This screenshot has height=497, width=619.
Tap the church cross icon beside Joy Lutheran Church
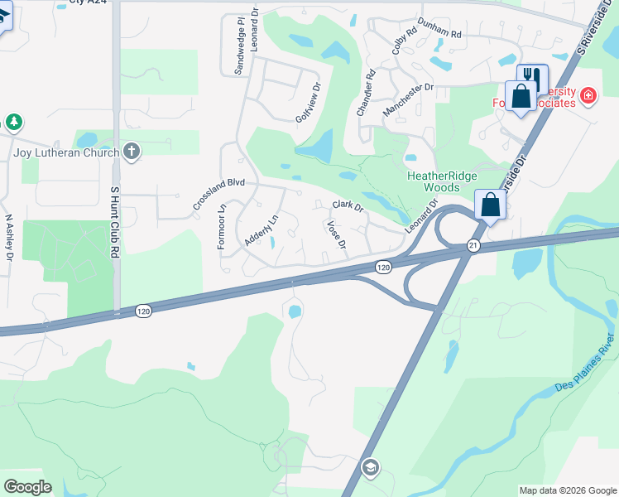click(130, 151)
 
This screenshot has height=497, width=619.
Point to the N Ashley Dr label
click(9, 239)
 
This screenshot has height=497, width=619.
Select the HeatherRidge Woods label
click(432, 181)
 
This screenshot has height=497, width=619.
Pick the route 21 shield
click(473, 245)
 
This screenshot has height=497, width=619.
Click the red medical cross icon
click(588, 96)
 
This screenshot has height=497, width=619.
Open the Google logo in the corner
click(27, 487)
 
